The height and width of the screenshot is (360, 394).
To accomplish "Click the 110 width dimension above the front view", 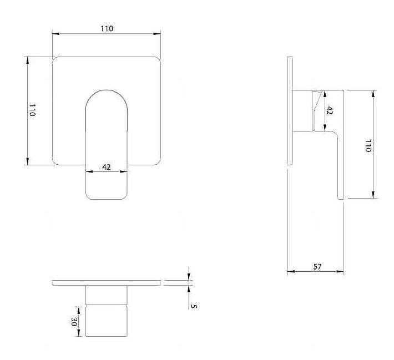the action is [x=107, y=29].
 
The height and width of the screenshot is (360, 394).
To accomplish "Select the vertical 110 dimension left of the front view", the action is [x=32, y=110].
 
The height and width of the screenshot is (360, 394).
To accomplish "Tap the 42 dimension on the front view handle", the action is [x=107, y=167].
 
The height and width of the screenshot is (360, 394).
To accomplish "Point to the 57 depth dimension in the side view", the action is [x=317, y=267].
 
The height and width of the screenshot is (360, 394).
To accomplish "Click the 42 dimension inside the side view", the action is [x=329, y=110].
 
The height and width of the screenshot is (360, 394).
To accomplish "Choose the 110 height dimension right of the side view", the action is [x=368, y=146].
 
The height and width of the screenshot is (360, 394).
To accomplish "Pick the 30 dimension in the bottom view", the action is [x=74, y=322].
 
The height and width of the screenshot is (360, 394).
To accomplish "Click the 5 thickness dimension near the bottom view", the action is [x=194, y=306].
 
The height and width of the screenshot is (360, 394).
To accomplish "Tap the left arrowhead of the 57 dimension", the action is [x=290, y=271].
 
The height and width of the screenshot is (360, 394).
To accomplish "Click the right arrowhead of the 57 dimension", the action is [x=340, y=271].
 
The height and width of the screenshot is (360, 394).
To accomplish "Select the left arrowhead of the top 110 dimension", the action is [x=55, y=34].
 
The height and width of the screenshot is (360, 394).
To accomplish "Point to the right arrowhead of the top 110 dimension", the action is [x=157, y=34].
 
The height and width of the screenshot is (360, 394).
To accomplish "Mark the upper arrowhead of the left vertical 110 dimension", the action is [x=28, y=60].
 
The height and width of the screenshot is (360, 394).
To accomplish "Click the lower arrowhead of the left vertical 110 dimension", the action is [x=28, y=161].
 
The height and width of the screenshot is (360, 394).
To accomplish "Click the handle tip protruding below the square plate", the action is [x=107, y=182].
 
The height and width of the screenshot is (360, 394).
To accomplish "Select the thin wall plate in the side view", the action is [x=290, y=111].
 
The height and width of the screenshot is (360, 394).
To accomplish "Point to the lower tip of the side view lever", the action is [x=341, y=199].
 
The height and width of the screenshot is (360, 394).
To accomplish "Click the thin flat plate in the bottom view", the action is [x=107, y=283].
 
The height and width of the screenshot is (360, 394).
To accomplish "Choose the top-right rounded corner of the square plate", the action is [x=158, y=59].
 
